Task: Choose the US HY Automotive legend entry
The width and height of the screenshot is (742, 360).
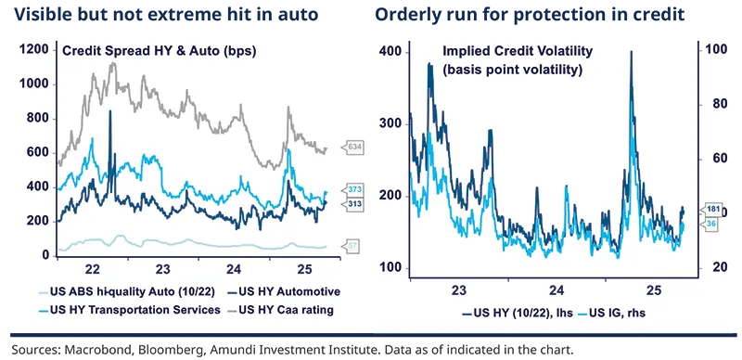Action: (284, 291)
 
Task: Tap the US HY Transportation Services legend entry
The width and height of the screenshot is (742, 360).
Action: (137, 309)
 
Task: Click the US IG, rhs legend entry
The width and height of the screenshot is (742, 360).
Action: (613, 315)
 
